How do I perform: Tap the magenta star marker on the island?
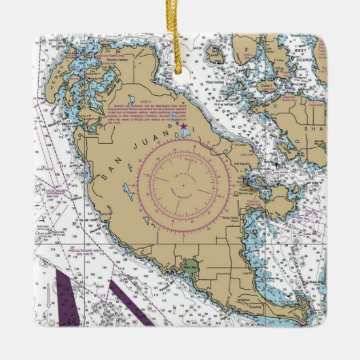coord(183,125)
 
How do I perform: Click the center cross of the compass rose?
coord(183,183)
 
